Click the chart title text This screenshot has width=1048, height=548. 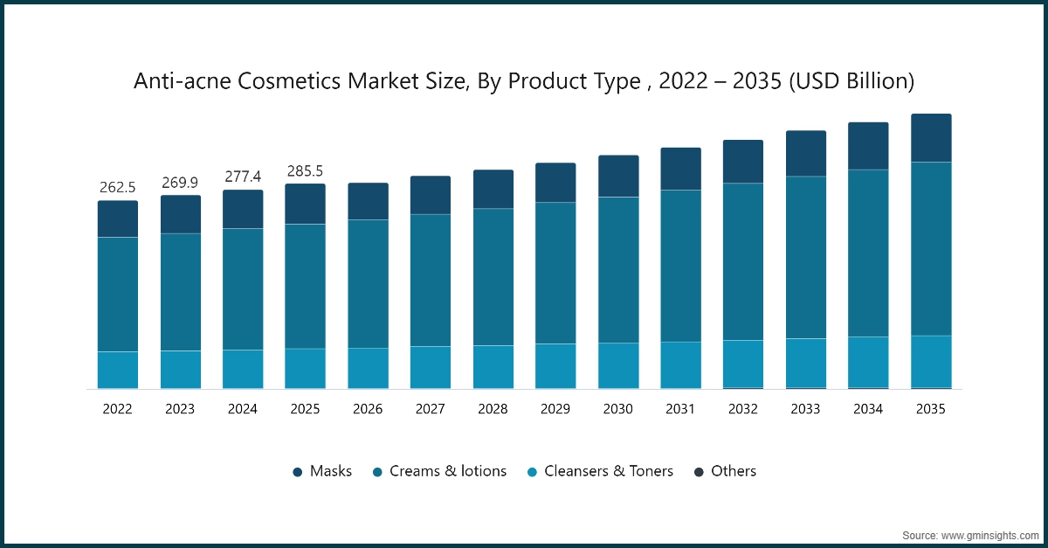coord(524,81)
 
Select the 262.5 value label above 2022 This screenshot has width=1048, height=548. coord(118,187)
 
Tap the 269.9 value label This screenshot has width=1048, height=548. coord(181,182)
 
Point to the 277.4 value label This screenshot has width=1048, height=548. coord(243,177)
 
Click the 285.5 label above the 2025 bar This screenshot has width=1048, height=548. coord(306,170)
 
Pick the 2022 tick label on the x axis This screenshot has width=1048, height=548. coord(118,408)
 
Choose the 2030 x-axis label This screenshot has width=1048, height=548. coord(618,408)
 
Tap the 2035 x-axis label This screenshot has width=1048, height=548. coord(931,408)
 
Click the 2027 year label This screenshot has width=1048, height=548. coord(431,408)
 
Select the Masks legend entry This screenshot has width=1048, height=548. coord(322,471)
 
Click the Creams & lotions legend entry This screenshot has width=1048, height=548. coord(439,471)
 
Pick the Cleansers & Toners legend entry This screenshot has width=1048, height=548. coord(600,471)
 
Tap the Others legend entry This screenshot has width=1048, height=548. coord(725,471)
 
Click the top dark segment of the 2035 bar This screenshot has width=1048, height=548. coord(931,138)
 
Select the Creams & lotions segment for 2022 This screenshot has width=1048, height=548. coord(118,294)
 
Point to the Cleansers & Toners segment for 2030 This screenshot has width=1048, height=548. coord(618,364)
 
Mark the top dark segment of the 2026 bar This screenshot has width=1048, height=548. coord(368,201)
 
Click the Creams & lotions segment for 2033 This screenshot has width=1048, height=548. coord(806,257)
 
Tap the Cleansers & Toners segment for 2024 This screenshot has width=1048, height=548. coord(243,368)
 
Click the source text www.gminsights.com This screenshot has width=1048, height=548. coord(969,534)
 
